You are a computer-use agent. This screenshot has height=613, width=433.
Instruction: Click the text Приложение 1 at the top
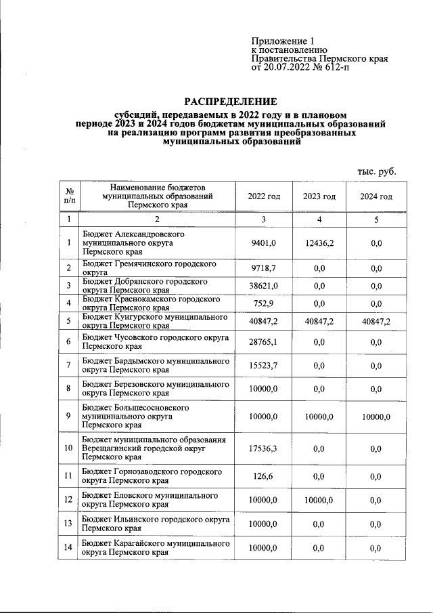pos(283,41)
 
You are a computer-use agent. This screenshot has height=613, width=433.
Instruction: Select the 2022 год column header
pos(264,196)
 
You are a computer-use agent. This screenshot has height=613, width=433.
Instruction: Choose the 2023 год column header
pos(319,196)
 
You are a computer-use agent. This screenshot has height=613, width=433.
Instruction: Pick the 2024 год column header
pos(376,196)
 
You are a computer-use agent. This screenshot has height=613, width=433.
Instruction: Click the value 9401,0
pos(264,242)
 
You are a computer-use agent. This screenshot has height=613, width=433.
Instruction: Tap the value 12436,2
pos(319,242)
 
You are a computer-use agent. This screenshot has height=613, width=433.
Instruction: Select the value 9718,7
pos(264,268)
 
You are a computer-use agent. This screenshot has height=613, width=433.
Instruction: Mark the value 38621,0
pos(264,286)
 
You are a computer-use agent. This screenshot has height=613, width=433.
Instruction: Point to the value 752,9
pos(264,303)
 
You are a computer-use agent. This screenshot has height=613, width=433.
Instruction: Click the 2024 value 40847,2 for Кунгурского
pos(376,321)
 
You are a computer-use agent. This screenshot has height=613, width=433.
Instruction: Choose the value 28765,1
pos(264,342)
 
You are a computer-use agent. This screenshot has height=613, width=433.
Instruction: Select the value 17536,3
pos(264,448)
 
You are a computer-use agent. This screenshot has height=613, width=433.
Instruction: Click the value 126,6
pos(264,476)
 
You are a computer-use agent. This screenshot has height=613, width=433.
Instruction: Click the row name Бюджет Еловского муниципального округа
pos(150,500)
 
